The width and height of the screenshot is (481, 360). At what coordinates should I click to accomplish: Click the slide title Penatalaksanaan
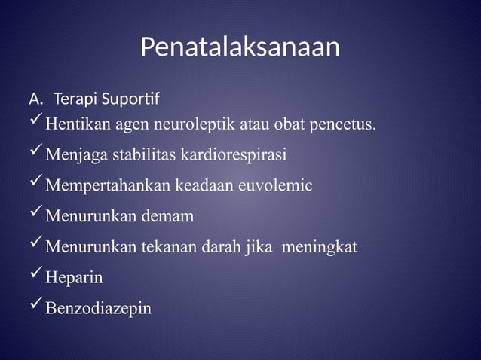pyautogui.click(x=240, y=47)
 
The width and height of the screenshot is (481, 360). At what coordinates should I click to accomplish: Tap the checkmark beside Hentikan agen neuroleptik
pyautogui.click(x=35, y=121)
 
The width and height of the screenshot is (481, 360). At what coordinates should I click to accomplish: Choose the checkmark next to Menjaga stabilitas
pyautogui.click(x=35, y=152)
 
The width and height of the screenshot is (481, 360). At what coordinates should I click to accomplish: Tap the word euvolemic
pyautogui.click(x=274, y=186)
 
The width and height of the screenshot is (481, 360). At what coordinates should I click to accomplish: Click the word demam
pyautogui.click(x=167, y=217)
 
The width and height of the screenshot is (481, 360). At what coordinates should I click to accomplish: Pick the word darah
pyautogui.click(x=220, y=247)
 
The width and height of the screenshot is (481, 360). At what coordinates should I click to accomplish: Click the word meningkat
pyautogui.click(x=319, y=247)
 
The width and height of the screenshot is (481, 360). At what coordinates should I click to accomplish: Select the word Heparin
pyautogui.click(x=74, y=278)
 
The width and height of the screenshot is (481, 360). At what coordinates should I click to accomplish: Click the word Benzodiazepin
pyautogui.click(x=98, y=309)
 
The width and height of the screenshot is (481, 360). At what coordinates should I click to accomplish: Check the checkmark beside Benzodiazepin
pyautogui.click(x=35, y=305)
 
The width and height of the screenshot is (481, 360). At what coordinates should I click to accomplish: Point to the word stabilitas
pyautogui.click(x=145, y=155)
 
